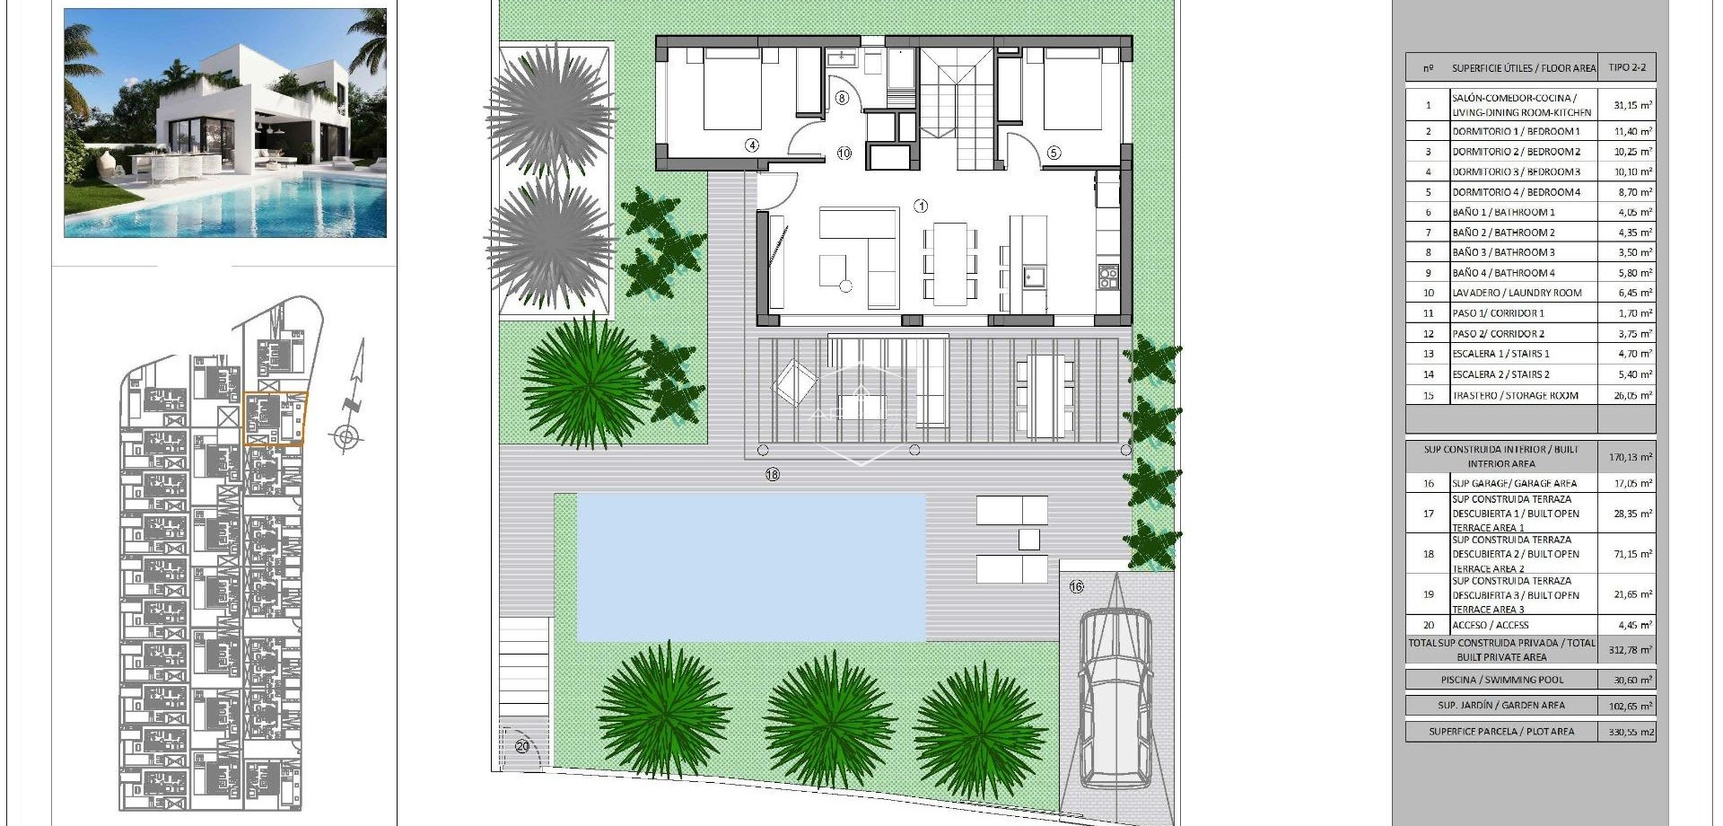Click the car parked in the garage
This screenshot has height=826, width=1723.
click(x=1114, y=696)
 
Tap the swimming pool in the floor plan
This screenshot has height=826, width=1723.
click(x=750, y=567)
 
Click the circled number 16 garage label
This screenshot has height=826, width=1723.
click(x=1076, y=586)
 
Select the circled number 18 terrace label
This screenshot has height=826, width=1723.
click(x=773, y=474)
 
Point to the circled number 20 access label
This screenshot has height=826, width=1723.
click(x=522, y=745)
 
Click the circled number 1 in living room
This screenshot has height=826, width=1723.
click(x=921, y=206)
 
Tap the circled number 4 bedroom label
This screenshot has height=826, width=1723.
click(x=752, y=145)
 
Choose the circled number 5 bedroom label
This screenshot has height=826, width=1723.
click(x=1054, y=153)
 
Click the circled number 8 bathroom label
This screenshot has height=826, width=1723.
click(x=842, y=98)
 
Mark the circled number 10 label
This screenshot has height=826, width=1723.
click(x=844, y=154)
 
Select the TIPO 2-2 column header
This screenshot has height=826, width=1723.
click(x=1627, y=67)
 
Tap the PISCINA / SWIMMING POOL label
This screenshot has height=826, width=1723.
click(x=1500, y=680)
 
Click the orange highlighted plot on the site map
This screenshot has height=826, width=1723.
click(x=275, y=418)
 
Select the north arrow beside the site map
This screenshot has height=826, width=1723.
click(x=352, y=395)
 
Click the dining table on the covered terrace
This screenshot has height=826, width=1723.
click(x=1045, y=395)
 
